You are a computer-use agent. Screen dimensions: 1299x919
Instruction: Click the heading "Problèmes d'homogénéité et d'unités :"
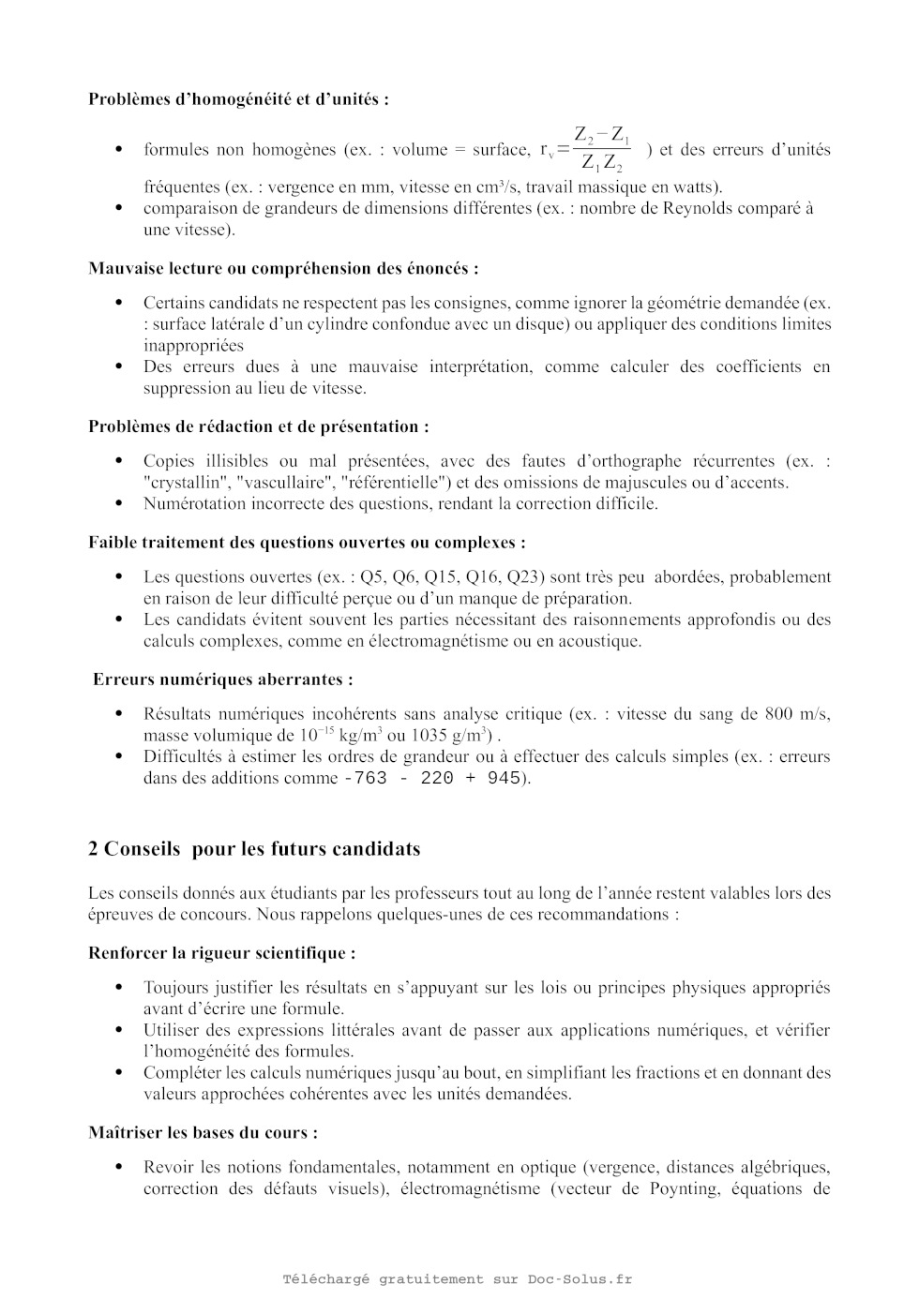point(238,98)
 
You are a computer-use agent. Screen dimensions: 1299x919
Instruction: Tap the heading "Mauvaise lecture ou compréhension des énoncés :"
point(283,268)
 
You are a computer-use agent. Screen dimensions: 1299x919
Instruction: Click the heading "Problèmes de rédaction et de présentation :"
point(259,426)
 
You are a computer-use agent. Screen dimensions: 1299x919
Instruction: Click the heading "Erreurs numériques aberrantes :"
point(223,679)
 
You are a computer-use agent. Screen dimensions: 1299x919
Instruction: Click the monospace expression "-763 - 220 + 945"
point(432,779)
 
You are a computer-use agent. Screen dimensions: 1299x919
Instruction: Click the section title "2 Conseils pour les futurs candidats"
point(254,849)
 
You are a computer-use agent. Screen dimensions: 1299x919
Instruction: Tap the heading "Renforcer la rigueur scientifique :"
point(222,953)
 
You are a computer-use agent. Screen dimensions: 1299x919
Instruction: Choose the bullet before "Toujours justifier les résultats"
point(119,987)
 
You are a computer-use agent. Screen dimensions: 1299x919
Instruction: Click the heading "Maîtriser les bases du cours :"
point(203,1132)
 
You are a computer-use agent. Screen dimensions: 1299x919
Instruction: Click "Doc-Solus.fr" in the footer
point(579,1279)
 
